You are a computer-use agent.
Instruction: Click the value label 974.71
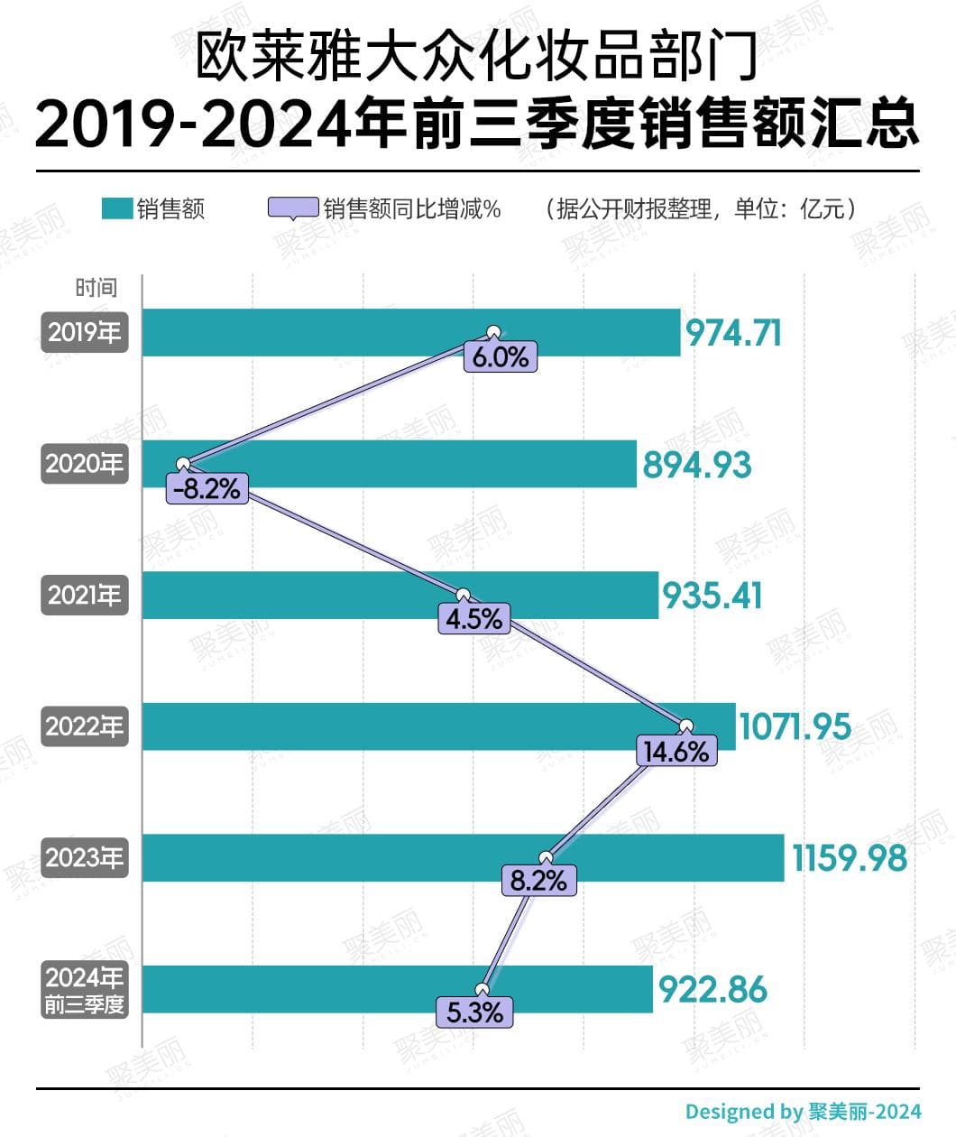point(733,334)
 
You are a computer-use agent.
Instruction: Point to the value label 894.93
point(696,466)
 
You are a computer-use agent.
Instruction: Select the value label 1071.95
point(795,726)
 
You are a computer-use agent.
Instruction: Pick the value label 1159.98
point(849,858)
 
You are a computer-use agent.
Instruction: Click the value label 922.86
point(712,990)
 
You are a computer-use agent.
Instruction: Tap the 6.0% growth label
point(501,357)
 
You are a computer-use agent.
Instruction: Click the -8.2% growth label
point(207,489)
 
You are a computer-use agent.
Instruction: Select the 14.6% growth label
point(676,751)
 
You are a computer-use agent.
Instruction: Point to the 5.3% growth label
point(475,1012)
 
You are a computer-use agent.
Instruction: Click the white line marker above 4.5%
point(464,596)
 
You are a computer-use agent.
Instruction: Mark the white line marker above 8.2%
point(544,857)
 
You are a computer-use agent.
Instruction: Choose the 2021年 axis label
point(85,596)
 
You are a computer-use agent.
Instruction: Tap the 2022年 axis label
point(85,726)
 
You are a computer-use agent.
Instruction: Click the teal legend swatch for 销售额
point(117,208)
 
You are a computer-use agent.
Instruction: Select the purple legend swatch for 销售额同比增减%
point(292,208)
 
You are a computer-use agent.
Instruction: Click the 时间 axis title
point(97,288)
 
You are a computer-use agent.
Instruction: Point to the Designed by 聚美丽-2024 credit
point(803,1112)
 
